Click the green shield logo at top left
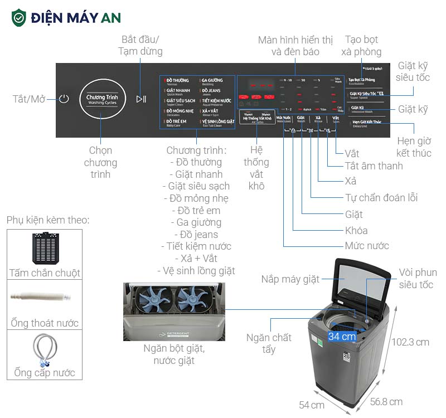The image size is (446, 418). point(19,17)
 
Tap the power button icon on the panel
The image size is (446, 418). point(64,99)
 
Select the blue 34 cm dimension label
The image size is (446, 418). point(342,337)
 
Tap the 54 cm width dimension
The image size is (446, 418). point(311,405)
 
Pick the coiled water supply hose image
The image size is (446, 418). point(44,349)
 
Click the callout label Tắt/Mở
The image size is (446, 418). point(29,99)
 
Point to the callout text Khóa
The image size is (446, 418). point(356,230)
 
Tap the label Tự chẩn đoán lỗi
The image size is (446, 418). point(381,197)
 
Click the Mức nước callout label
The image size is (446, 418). point(367,246)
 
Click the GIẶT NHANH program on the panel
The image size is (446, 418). point(178,91)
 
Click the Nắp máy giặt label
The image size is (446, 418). point(290,279)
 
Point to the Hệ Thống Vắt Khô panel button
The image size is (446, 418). point(257,118)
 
